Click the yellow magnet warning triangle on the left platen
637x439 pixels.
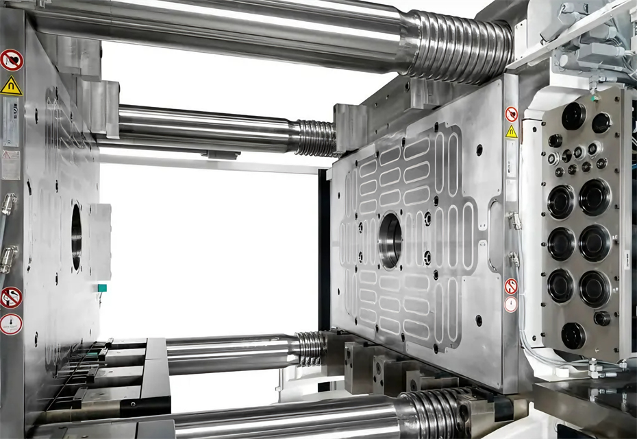tap(11, 86)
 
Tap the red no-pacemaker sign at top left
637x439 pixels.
tap(11, 60)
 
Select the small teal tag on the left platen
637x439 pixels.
tap(102, 288)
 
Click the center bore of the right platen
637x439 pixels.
tap(390, 240)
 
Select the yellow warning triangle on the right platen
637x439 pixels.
tap(511, 132)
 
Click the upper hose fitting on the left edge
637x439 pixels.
tap(8, 204)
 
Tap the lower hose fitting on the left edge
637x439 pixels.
tap(8, 259)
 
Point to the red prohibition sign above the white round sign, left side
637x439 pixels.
tap(10, 297)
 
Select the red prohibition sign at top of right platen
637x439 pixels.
tap(511, 114)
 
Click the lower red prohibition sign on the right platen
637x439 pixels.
tap(510, 286)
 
